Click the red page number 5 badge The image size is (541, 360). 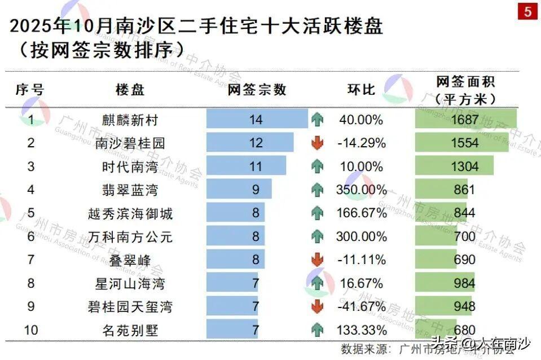point(527,11)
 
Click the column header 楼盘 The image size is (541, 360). point(130,89)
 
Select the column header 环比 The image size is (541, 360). point(361,89)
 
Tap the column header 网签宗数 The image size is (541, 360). point(257,89)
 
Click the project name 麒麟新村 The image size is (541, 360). point(130,120)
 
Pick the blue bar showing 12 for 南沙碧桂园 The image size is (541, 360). point(250,143)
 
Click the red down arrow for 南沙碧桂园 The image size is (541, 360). point(318,143)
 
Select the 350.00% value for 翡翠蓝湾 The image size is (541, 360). point(361,190)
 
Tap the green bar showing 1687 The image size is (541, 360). point(465,120)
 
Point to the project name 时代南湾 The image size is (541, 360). point(130,166)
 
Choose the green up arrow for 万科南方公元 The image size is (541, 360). point(318,237)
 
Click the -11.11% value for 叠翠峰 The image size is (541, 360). point(361,260)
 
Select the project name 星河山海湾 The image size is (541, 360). point(130,283)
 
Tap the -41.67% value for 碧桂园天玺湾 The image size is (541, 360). point(361,307)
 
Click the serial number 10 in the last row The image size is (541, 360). point(31,330)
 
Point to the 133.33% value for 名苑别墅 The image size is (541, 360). point(361,330)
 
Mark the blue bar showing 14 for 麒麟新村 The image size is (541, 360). point(257,120)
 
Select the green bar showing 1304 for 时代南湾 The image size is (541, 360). point(454,166)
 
